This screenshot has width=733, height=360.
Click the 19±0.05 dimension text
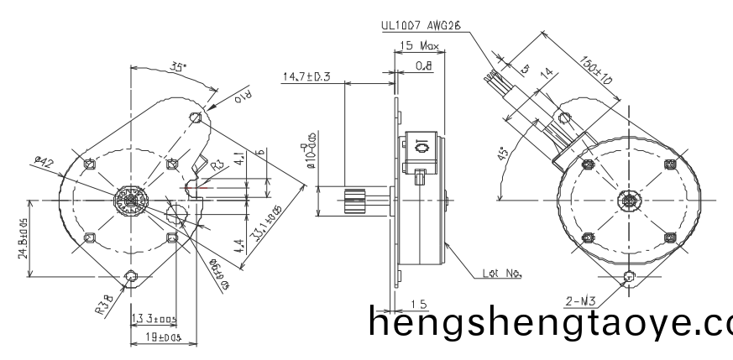[x=156, y=337]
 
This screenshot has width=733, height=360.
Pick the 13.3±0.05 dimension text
[x=154, y=318]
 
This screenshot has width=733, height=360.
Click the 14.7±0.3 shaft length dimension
[x=306, y=77]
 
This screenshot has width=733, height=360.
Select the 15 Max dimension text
[x=419, y=44]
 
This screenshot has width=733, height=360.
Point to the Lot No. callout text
[x=503, y=273]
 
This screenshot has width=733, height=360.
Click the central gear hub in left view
[x=130, y=201]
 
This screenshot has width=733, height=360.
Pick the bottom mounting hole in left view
[x=130, y=276]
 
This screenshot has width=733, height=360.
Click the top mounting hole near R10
[x=196, y=116]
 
